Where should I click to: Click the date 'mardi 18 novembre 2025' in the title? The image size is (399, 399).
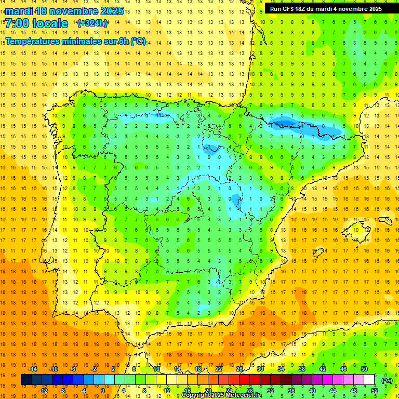[x=64, y=10]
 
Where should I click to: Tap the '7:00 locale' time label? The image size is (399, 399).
[x=36, y=23]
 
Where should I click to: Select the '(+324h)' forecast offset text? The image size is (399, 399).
[x=92, y=23]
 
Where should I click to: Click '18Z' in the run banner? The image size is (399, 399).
[x=304, y=8]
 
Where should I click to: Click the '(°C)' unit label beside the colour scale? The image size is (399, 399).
[x=387, y=380]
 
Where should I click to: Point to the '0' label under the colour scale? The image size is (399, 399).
[x=103, y=391]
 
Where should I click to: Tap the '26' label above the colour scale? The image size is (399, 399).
[x=240, y=369]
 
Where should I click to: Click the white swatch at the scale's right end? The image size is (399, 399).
[x=369, y=380]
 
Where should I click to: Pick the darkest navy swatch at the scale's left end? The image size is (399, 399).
[x=26, y=380]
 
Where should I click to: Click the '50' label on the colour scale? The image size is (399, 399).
[x=364, y=369]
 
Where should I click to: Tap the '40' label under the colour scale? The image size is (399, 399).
[x=312, y=391]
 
